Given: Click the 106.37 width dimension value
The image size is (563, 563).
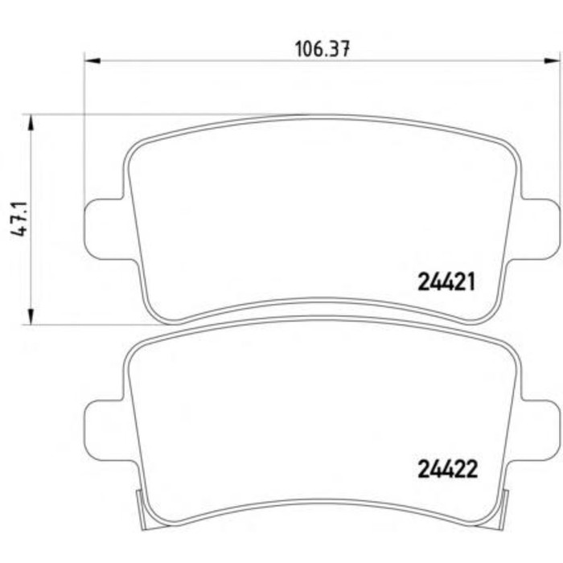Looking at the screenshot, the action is pos(322,49).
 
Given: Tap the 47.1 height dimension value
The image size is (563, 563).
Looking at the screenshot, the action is pos(19,219).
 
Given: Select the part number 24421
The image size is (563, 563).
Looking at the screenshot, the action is pos(446,281).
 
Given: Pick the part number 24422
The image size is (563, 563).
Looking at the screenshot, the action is pos(448,469).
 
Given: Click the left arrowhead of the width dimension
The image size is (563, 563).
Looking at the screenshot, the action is pos(92,60).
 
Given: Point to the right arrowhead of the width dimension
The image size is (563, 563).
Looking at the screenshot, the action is pos(552,60).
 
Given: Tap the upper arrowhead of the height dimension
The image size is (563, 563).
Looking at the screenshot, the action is pos(31,122).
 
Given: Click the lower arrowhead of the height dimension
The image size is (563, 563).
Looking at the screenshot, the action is pos(31,316).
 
